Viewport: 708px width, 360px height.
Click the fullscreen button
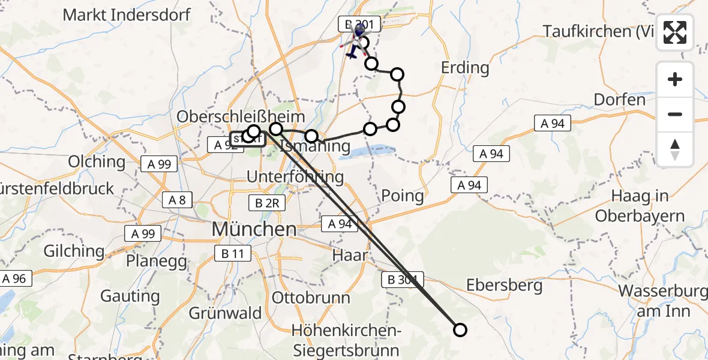pos(675,32)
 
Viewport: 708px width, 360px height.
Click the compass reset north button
pos(675,149)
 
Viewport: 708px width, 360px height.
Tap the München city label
pos(254,229)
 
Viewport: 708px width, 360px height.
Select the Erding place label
pos(465,67)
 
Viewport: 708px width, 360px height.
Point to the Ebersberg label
pos(504,285)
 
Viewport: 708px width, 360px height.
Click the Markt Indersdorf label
pos(127,15)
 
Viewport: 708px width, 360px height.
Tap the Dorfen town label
pos(620,99)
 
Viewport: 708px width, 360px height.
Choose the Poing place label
pos(403,196)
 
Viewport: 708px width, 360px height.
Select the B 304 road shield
pos(402,280)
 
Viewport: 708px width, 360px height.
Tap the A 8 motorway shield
pos(177,200)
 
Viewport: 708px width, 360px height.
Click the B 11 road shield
pos(232,254)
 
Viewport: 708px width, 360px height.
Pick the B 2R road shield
pos(267,203)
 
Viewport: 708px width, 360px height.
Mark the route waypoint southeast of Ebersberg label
pos(460,329)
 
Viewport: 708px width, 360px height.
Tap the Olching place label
pos(97,161)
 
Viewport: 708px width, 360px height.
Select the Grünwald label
pos(225,313)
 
